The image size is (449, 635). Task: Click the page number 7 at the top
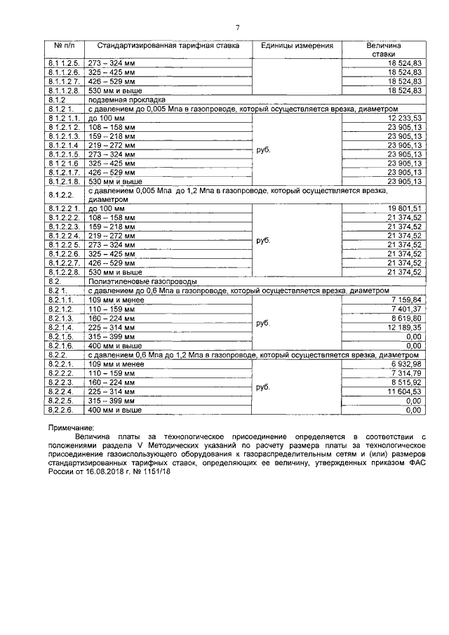coord(238,27)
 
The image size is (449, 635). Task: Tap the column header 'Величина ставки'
coord(384,50)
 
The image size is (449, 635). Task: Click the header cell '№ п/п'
coord(65,46)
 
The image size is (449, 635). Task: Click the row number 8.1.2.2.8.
coord(65,272)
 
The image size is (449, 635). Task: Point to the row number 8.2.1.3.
coord(62,318)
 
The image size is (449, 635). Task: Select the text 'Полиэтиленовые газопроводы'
coord(133,281)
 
